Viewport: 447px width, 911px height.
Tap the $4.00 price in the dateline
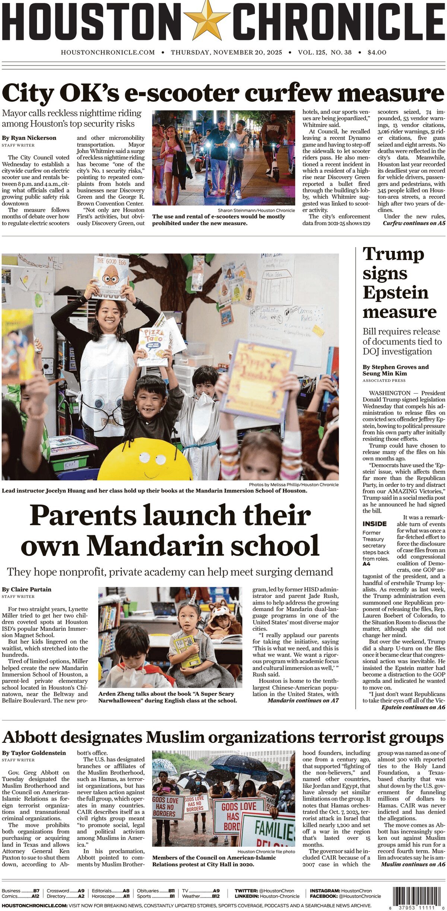point(377,52)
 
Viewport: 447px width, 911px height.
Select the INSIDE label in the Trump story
point(374,524)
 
